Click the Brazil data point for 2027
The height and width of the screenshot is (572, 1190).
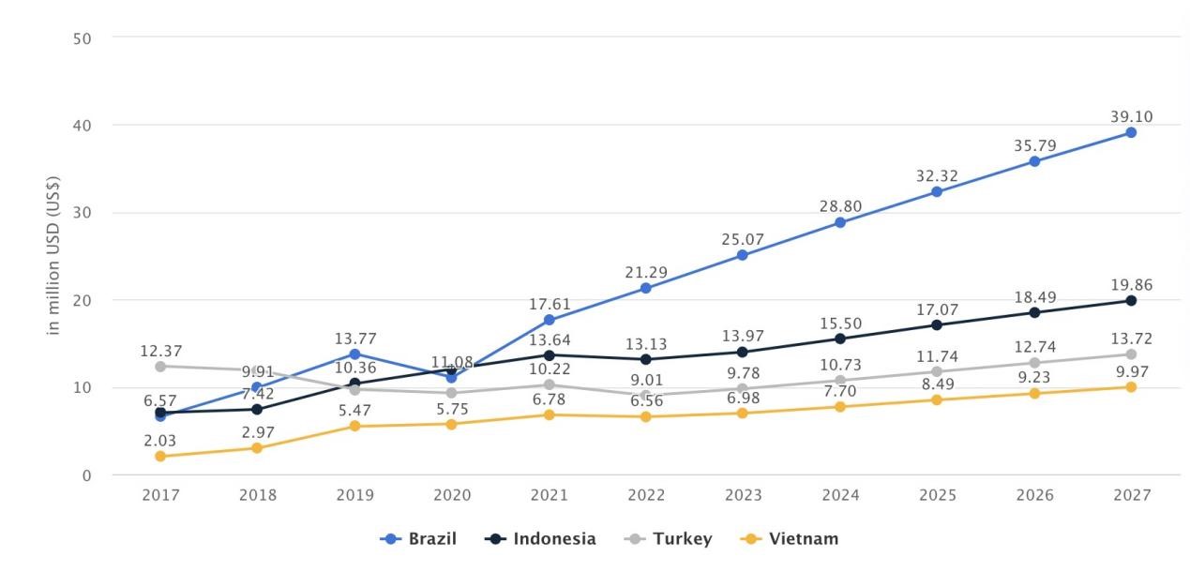[1131, 132]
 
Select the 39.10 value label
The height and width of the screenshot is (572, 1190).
[1131, 116]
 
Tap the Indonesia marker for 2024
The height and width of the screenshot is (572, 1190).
[840, 339]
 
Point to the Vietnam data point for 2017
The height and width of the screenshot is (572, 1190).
[160, 456]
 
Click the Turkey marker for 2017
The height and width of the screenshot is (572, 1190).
[160, 366]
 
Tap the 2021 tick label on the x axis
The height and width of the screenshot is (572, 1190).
[549, 495]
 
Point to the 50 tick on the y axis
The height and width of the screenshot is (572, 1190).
[82, 38]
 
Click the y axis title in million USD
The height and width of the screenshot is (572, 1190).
[54, 255]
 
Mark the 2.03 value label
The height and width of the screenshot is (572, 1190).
[160, 440]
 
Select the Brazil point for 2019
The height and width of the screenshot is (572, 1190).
[354, 354]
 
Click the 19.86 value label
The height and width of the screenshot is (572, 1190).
[1131, 284]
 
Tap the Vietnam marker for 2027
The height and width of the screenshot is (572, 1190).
[1131, 386]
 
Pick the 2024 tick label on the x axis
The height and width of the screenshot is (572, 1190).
[840, 495]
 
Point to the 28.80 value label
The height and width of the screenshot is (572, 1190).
[840, 206]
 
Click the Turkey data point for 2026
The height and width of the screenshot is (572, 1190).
[1034, 363]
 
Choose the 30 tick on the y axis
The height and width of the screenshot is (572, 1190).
[82, 213]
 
